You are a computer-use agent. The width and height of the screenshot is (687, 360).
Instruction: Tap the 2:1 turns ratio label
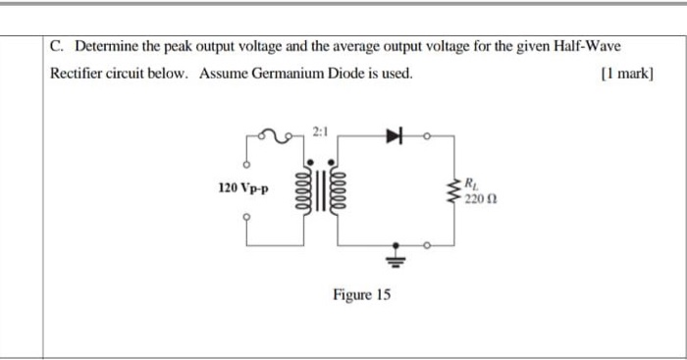tap(322, 131)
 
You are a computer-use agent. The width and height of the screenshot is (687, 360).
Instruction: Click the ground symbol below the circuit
tap(396, 257)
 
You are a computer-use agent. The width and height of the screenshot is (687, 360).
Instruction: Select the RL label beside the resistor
tap(472, 181)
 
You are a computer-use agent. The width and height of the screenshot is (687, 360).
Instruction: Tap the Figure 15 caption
tap(361, 294)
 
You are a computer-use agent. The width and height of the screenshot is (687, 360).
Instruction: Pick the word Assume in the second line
tap(223, 75)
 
